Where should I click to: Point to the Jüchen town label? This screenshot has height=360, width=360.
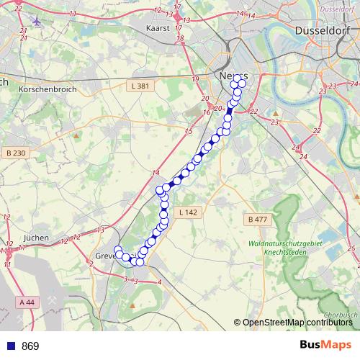(x=36, y=237)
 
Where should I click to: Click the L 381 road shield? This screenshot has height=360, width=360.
(x=141, y=86)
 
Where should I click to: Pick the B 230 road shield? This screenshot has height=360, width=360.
(x=14, y=153)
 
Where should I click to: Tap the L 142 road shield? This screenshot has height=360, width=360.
(x=189, y=212)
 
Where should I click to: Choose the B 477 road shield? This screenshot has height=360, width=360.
(x=256, y=219)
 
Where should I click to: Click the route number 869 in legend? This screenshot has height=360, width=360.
(x=30, y=346)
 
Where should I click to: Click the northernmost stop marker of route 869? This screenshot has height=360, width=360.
(x=236, y=78)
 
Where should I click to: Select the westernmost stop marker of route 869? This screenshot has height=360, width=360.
(x=118, y=250)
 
